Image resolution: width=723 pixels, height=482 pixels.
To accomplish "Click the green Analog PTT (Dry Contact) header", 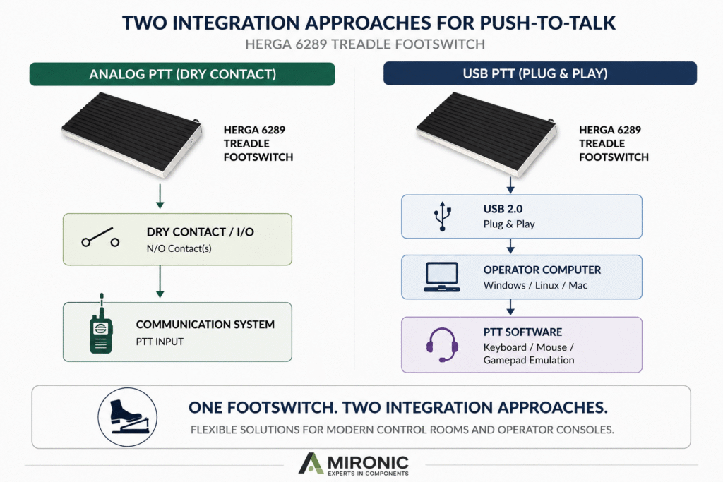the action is coord(182,74).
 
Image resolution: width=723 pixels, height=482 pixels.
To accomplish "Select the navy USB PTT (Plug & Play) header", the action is coord(540,73).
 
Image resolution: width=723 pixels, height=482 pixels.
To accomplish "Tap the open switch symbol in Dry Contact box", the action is coord(100,237).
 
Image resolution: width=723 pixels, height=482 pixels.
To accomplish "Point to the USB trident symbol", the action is coord(442,216).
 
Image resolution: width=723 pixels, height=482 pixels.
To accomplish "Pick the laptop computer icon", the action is coord(442,277).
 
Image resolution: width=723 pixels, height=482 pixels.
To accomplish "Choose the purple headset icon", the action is coord(442,344).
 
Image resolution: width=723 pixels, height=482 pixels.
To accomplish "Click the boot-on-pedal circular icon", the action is coord(127,417).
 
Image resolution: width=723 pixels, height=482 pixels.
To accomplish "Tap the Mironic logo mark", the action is coord(311,463).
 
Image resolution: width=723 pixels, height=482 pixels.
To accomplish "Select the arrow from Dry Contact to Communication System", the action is coord(160,282).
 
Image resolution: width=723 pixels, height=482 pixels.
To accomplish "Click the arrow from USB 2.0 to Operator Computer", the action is coord(510,246).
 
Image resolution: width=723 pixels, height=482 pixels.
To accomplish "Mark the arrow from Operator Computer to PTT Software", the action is coord(510,308).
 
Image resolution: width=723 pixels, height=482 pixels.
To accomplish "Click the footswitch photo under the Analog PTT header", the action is coord(131,135).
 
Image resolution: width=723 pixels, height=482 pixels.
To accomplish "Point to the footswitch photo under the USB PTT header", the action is coord(486,133).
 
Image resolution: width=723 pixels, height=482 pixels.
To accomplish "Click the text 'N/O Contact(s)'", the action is coord(179,249).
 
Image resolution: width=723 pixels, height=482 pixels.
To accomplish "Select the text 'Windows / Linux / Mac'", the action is coord(535,285).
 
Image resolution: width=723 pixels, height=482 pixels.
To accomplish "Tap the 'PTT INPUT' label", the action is coord(160,342).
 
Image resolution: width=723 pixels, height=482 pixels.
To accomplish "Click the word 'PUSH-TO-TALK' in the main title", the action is coord(547,23).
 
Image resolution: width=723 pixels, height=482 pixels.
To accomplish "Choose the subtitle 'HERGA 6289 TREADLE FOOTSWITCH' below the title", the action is coord(365,44).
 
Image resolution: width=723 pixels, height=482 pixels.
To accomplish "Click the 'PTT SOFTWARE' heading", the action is coord(522,332).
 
